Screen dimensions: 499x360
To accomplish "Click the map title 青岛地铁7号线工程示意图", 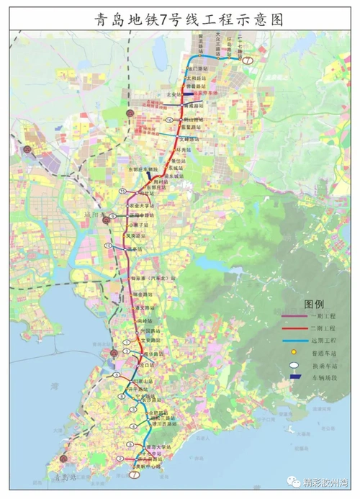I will (180, 19).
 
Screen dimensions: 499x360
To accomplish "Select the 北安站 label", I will (171, 94).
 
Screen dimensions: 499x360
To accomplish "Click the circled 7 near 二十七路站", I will (248, 61).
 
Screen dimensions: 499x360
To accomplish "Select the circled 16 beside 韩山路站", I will (169, 120).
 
